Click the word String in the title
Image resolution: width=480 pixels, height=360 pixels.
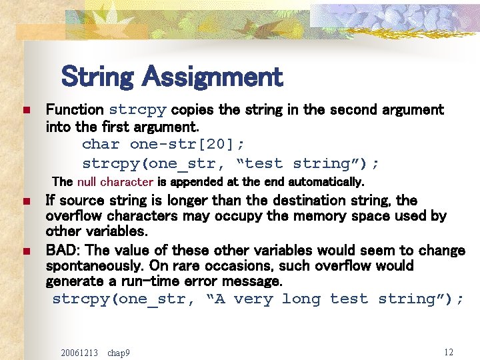click(99, 77)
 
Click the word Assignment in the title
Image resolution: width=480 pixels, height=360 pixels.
click(213, 77)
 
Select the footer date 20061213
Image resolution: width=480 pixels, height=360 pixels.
click(79, 352)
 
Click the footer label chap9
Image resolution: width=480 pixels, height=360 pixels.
click(119, 352)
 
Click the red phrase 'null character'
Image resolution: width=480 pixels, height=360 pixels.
click(115, 181)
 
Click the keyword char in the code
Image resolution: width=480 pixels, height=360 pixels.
click(101, 145)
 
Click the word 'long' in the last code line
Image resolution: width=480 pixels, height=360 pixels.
click(301, 299)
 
